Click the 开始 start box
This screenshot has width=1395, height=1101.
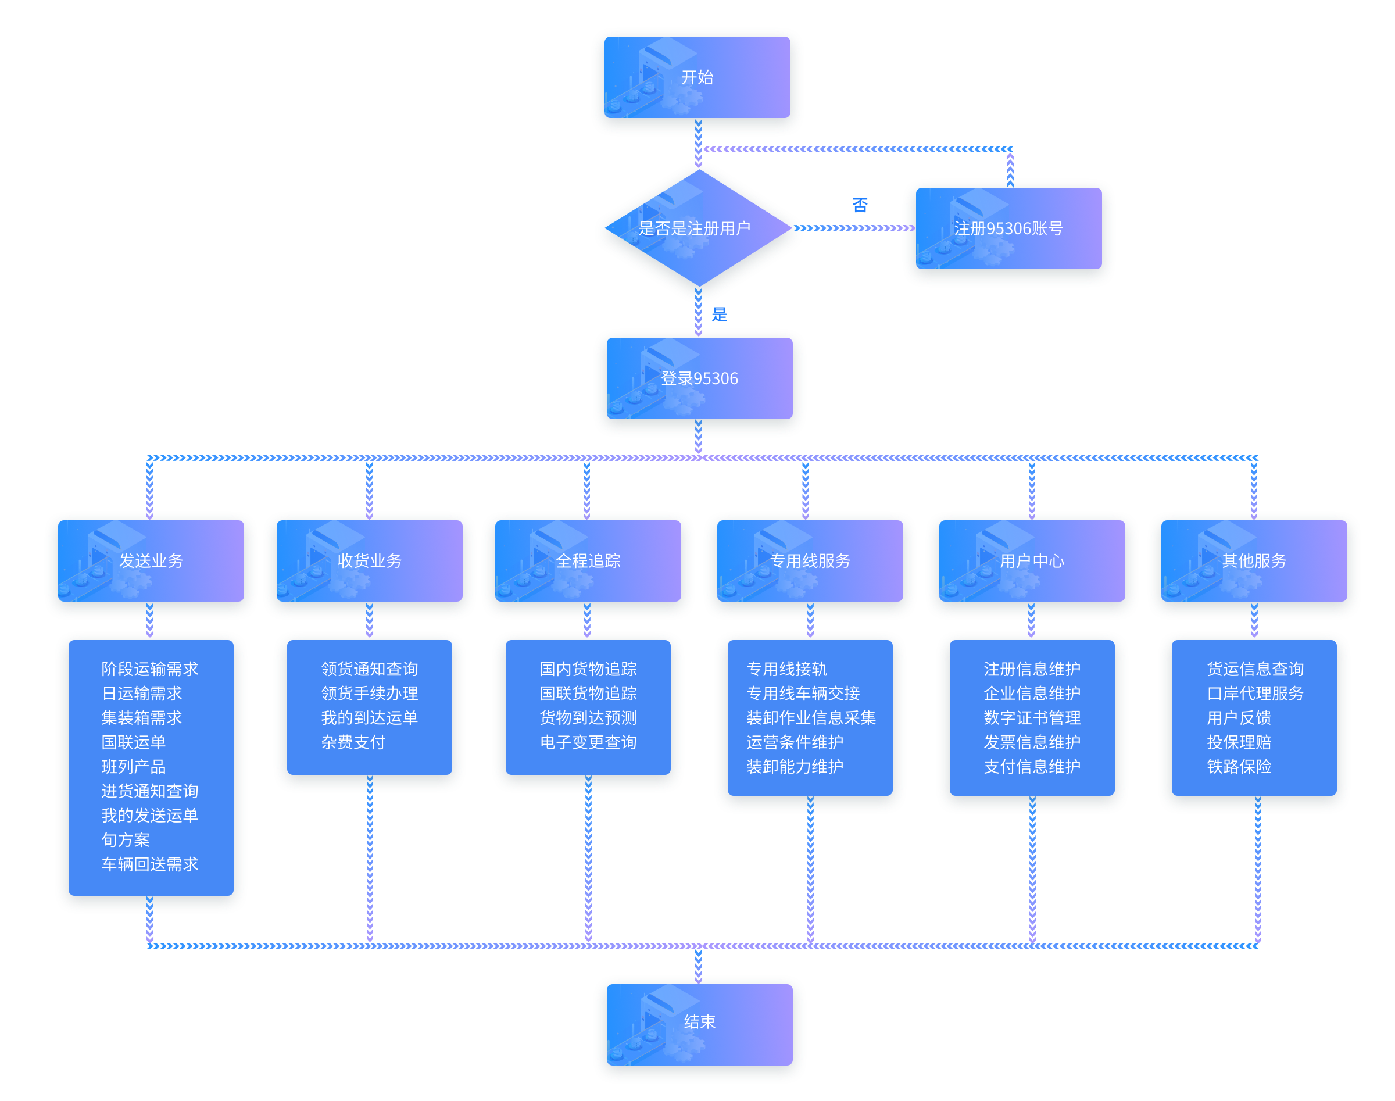[697, 78]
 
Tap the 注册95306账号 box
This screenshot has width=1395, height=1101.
[1008, 229]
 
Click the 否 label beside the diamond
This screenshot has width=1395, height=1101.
[860, 205]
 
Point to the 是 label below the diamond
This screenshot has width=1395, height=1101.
[719, 314]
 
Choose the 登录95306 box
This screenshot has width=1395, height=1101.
[699, 379]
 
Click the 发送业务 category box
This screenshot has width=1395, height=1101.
[151, 561]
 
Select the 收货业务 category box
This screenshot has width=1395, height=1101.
[369, 561]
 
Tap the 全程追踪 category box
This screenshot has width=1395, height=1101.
[588, 561]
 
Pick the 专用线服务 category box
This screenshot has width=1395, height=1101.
[810, 561]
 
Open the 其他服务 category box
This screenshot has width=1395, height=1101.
[1254, 561]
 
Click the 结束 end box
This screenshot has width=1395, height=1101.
[699, 1022]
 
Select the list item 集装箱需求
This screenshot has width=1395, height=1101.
[142, 717]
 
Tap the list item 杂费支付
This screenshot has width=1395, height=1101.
[353, 742]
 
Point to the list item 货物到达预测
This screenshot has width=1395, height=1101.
[588, 717]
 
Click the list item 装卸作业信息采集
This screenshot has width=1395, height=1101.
[811, 717]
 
